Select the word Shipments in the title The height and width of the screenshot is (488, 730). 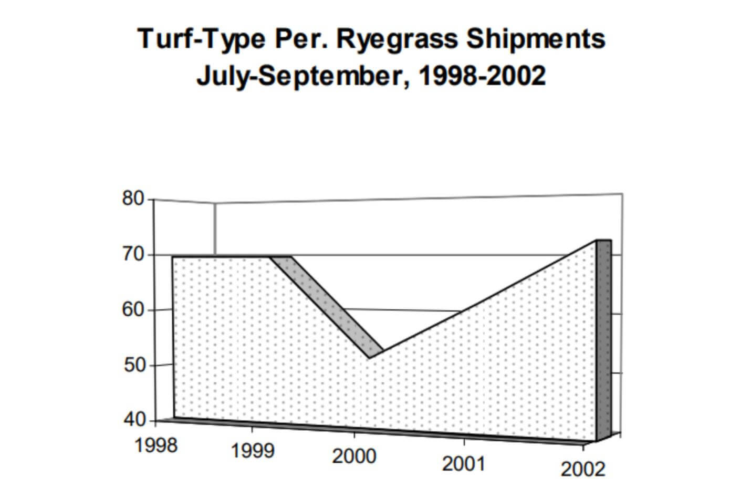[x=535, y=39]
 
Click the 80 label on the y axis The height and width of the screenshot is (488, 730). [x=133, y=199]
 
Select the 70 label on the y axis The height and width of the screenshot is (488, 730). [x=133, y=255]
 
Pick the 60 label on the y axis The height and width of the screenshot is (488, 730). [x=133, y=310]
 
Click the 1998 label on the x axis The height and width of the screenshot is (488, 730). [x=156, y=446]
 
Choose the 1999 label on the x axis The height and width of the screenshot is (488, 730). [x=253, y=451]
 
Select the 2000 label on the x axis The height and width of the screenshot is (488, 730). [x=354, y=456]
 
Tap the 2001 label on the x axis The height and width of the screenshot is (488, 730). [x=463, y=464]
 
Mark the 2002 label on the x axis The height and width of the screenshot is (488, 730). [x=582, y=469]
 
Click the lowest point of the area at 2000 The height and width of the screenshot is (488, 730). [x=370, y=358]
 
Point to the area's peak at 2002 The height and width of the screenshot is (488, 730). [x=596, y=241]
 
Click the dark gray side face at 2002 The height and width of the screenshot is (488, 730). [x=604, y=341]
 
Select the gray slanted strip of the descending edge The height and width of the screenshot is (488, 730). [x=328, y=305]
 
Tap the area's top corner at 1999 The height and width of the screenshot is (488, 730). [x=270, y=257]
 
